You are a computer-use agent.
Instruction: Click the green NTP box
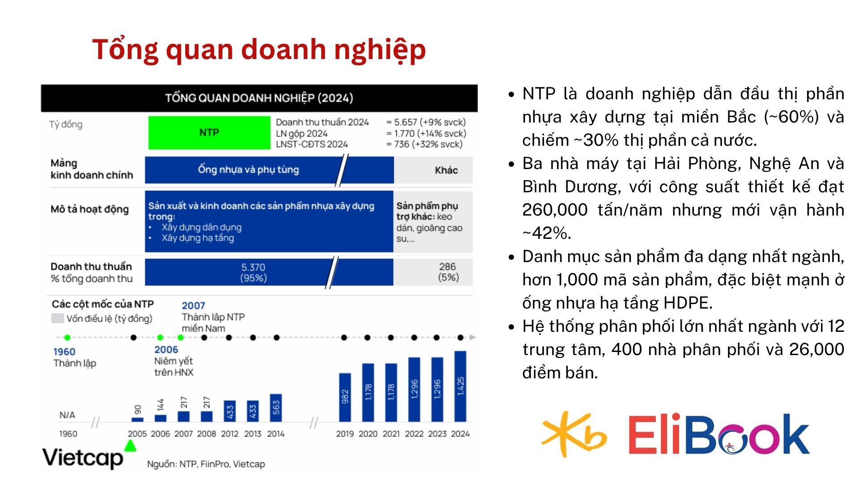pyautogui.click(x=209, y=132)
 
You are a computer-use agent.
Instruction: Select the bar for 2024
pyautogui.click(x=460, y=386)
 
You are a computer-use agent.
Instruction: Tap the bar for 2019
pyautogui.click(x=345, y=398)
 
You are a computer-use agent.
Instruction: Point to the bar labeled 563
pyautogui.click(x=276, y=408)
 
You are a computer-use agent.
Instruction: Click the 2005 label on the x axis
pyautogui.click(x=137, y=434)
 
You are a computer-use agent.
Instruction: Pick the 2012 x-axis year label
pyautogui.click(x=230, y=434)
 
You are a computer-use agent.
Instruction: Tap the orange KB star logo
pyautogui.click(x=574, y=434)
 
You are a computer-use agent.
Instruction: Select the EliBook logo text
pyautogui.click(x=719, y=434)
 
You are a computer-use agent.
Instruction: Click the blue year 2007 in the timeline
pyautogui.click(x=193, y=305)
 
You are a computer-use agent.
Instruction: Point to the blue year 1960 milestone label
pyautogui.click(x=64, y=352)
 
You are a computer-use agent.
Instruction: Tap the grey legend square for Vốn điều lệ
pyautogui.click(x=57, y=318)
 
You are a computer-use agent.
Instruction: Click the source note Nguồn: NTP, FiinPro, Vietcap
pyautogui.click(x=206, y=464)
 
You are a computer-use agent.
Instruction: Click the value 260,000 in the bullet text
pyautogui.click(x=555, y=210)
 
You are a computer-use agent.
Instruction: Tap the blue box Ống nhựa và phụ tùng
pyautogui.click(x=248, y=170)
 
